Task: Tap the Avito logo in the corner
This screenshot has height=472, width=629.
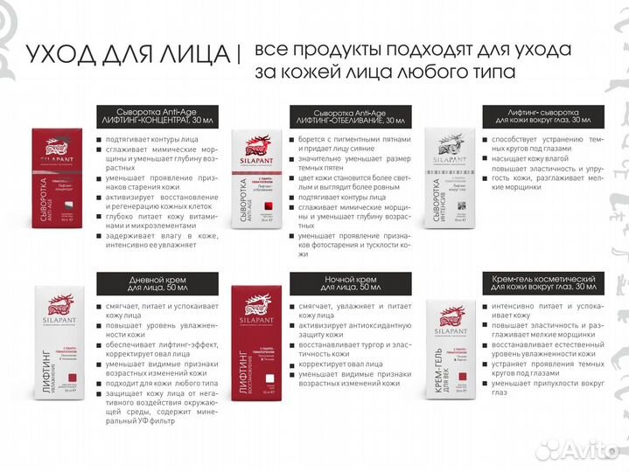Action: [x=580, y=449]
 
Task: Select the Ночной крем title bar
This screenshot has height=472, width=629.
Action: [x=350, y=283]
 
